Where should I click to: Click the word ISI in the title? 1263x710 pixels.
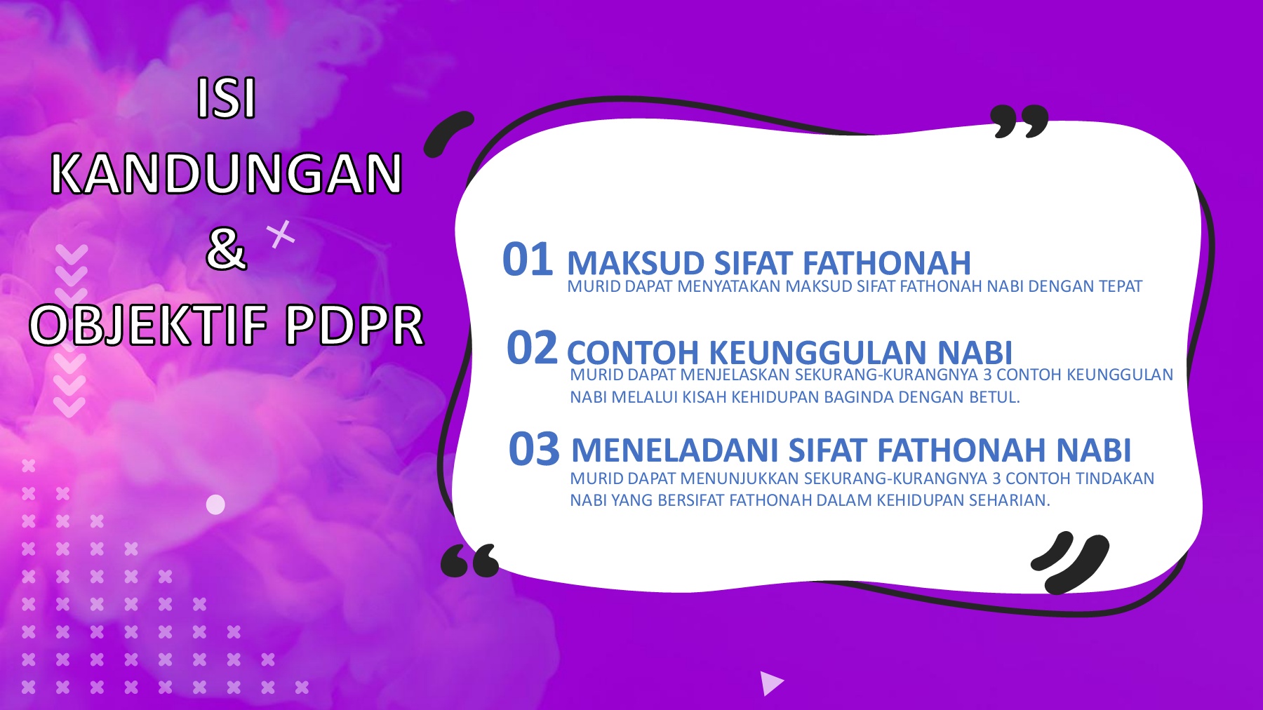point(226,99)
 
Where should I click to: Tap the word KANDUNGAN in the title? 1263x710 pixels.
point(226,174)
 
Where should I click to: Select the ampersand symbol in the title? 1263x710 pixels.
point(226,249)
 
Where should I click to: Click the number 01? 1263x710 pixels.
point(528,260)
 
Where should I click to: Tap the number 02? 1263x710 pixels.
point(532,348)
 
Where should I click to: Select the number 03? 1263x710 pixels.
point(534,449)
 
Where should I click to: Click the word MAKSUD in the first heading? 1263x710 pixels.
point(635,264)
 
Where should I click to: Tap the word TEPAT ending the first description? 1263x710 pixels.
point(1121,286)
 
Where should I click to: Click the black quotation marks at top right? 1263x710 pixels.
point(1019,121)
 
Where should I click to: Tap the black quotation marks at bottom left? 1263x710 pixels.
point(469,561)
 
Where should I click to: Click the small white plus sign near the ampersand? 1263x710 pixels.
point(281,234)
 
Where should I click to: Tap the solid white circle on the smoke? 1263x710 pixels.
point(215,504)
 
